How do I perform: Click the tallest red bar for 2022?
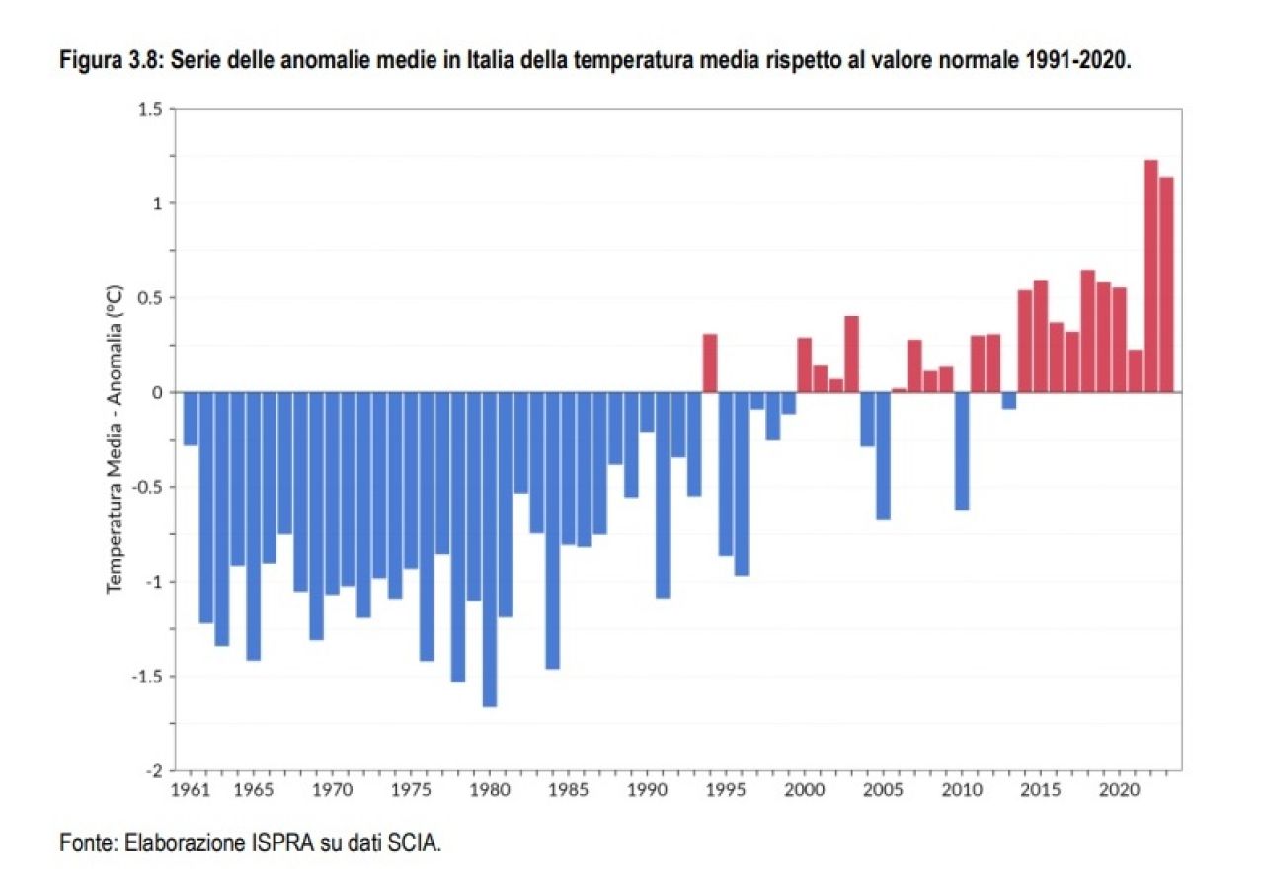[x=1150, y=277]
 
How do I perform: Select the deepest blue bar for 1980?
[x=490, y=549]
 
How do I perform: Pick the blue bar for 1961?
[x=191, y=419]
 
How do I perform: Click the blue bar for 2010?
[x=962, y=450]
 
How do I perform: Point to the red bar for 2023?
[x=1166, y=284]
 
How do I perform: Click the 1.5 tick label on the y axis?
[x=149, y=109]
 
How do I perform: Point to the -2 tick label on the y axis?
[x=153, y=770]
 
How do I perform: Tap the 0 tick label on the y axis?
[x=156, y=392]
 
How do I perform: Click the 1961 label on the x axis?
[x=190, y=791]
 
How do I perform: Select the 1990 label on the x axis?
[x=647, y=791]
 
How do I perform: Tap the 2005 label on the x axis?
[x=883, y=791]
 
